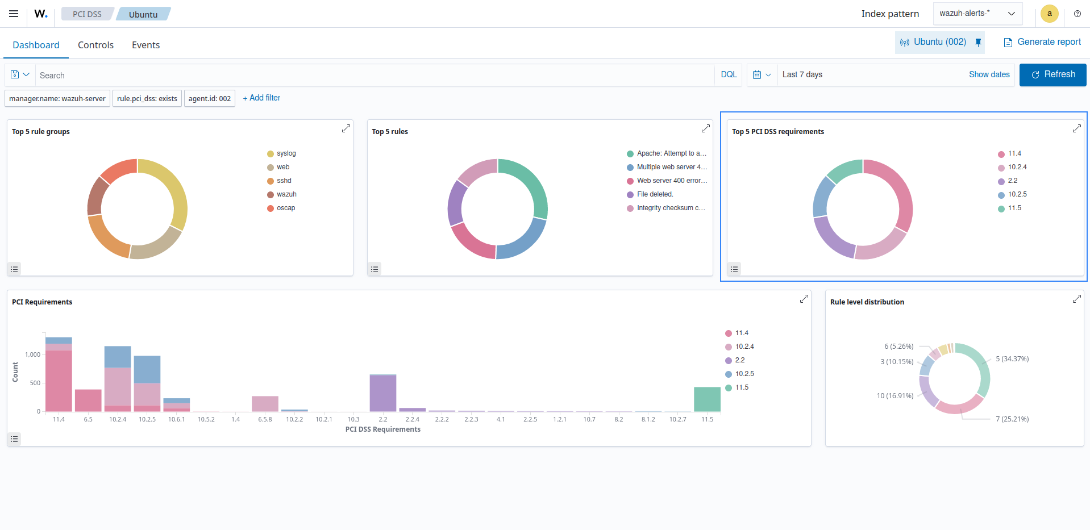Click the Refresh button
point(1052,74)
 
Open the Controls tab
point(95,45)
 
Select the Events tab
point(145,45)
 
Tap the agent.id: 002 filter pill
point(209,98)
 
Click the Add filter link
point(261,98)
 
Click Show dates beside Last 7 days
point(989,74)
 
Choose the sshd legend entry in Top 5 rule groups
point(284,181)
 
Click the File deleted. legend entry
point(655,194)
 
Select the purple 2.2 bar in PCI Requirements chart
point(382,393)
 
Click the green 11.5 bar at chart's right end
point(707,399)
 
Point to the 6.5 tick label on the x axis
point(88,419)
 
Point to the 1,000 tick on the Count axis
point(32,354)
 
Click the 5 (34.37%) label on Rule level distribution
point(1012,359)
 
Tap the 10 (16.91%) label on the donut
point(895,396)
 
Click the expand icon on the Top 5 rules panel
point(705,128)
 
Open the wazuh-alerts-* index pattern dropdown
point(977,14)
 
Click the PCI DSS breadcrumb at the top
point(87,14)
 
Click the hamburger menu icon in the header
point(14,14)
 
